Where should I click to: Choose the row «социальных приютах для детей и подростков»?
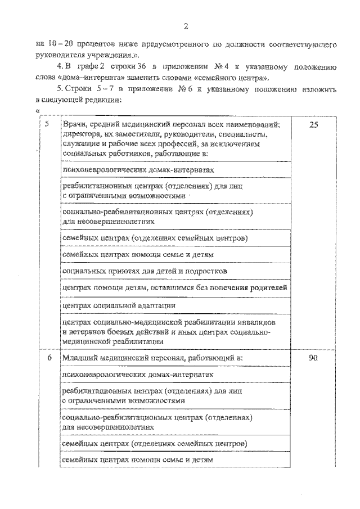[145, 271]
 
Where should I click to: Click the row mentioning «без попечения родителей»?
[175, 287]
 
